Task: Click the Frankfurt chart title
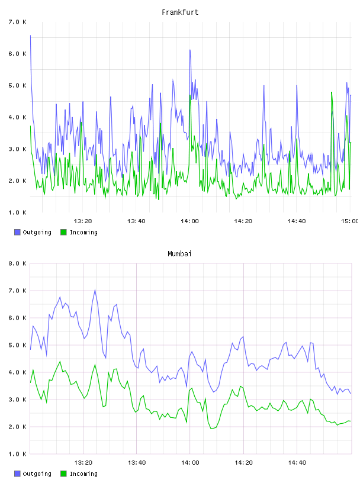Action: (x=180, y=12)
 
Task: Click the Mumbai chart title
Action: (x=179, y=253)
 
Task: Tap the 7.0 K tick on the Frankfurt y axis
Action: (x=17, y=22)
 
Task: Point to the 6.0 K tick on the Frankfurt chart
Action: (x=17, y=54)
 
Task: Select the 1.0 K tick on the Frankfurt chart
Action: (x=17, y=212)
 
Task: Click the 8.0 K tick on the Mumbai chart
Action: (x=17, y=263)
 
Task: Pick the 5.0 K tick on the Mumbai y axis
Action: (x=17, y=345)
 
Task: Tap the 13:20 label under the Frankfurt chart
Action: (x=83, y=221)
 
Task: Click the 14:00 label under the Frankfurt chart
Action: (x=190, y=221)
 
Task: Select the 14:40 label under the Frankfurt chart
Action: (x=297, y=221)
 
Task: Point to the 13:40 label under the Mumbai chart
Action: (x=137, y=462)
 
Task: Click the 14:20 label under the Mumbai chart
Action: (x=243, y=462)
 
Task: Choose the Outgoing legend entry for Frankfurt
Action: (x=33, y=232)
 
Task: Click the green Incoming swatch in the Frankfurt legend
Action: (x=63, y=232)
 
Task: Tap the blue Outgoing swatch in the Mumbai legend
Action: (x=17, y=474)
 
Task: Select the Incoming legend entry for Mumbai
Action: (x=79, y=474)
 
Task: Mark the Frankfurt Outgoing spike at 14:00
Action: (x=190, y=50)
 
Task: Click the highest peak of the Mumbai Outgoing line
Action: (x=95, y=289)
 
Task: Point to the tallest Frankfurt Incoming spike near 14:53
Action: (x=332, y=92)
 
